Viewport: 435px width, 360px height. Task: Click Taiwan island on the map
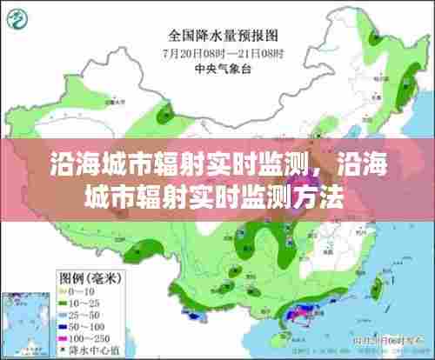click(x=376, y=287)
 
